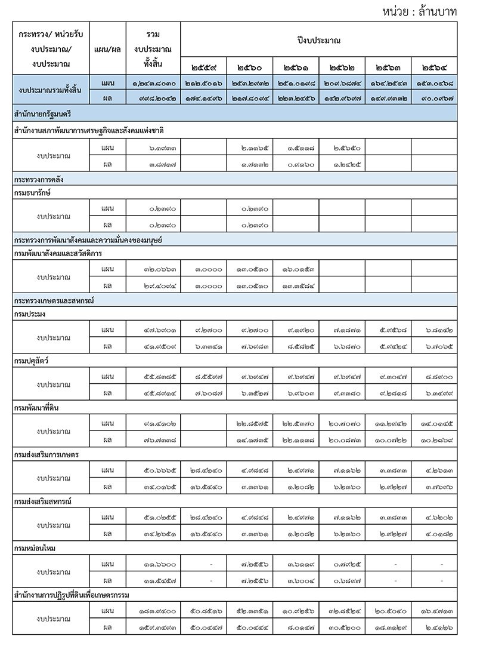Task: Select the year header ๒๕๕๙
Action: tap(204, 67)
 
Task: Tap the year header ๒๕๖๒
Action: tap(342, 67)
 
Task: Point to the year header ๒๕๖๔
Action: tap(435, 67)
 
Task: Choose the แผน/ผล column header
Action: tap(107, 48)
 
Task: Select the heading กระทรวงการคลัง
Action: tap(39, 179)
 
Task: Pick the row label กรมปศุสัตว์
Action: tap(32, 361)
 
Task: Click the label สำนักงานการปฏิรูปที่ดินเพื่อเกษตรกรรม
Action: tap(72, 595)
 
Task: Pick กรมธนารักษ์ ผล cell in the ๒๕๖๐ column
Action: tap(250, 225)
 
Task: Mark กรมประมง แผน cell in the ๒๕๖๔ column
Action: tap(435, 330)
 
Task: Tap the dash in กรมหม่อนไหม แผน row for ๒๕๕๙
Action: tap(204, 564)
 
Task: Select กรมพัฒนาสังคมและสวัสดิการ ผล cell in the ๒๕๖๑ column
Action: tap(296, 285)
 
